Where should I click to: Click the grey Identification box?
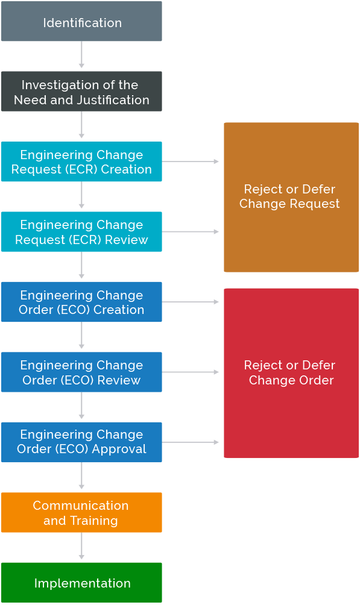[81, 22]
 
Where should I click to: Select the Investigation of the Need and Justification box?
[81, 92]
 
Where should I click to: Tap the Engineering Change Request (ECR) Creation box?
[81, 161]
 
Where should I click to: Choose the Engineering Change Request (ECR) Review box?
[81, 232]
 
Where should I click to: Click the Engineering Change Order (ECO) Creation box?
[81, 302]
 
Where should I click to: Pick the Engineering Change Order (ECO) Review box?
[81, 372]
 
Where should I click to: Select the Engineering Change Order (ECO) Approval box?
[81, 442]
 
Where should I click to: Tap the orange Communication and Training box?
[81, 513]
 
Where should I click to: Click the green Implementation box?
[81, 583]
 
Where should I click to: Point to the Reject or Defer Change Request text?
[290, 196]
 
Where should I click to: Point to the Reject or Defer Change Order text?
[290, 372]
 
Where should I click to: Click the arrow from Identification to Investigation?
[81, 56]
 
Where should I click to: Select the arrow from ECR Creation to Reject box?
[191, 161]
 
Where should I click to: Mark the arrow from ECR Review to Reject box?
[191, 231]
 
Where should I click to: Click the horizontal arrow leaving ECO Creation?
[191, 302]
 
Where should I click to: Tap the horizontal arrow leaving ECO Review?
[191, 372]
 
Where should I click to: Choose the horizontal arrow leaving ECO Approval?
[191, 442]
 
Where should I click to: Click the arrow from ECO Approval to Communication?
[81, 477]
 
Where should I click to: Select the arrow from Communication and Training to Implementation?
[81, 547]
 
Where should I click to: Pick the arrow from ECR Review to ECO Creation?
[81, 266]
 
